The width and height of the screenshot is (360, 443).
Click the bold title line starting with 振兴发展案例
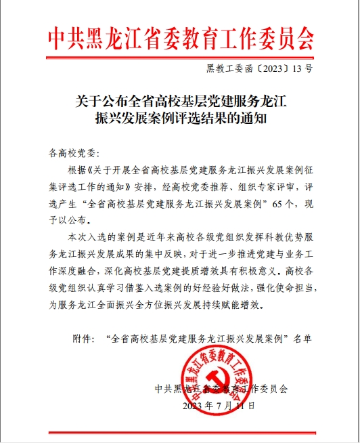click(181, 121)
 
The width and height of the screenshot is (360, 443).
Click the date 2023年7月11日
click(220, 406)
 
